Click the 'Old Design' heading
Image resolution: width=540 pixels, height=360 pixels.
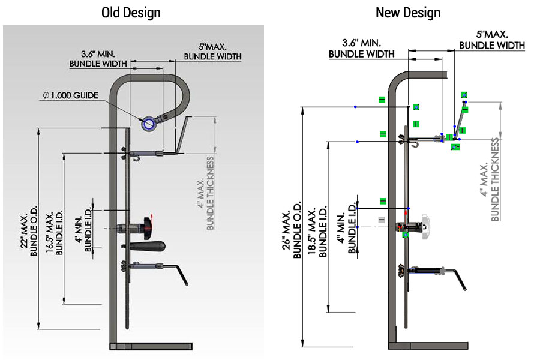(x=131, y=12)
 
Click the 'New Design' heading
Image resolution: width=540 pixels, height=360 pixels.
(x=408, y=12)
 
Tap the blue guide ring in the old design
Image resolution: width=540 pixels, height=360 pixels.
(x=147, y=124)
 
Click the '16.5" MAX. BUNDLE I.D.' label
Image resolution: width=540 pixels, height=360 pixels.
(x=55, y=232)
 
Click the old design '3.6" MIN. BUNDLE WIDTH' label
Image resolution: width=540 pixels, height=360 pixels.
(x=98, y=58)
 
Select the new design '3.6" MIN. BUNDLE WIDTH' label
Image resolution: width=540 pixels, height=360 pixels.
(x=361, y=48)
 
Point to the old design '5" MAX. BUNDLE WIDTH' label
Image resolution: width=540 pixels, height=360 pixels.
(x=212, y=52)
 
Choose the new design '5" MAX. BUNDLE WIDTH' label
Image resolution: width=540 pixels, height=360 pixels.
(x=492, y=40)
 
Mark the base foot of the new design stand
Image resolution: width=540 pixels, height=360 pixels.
(x=428, y=345)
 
